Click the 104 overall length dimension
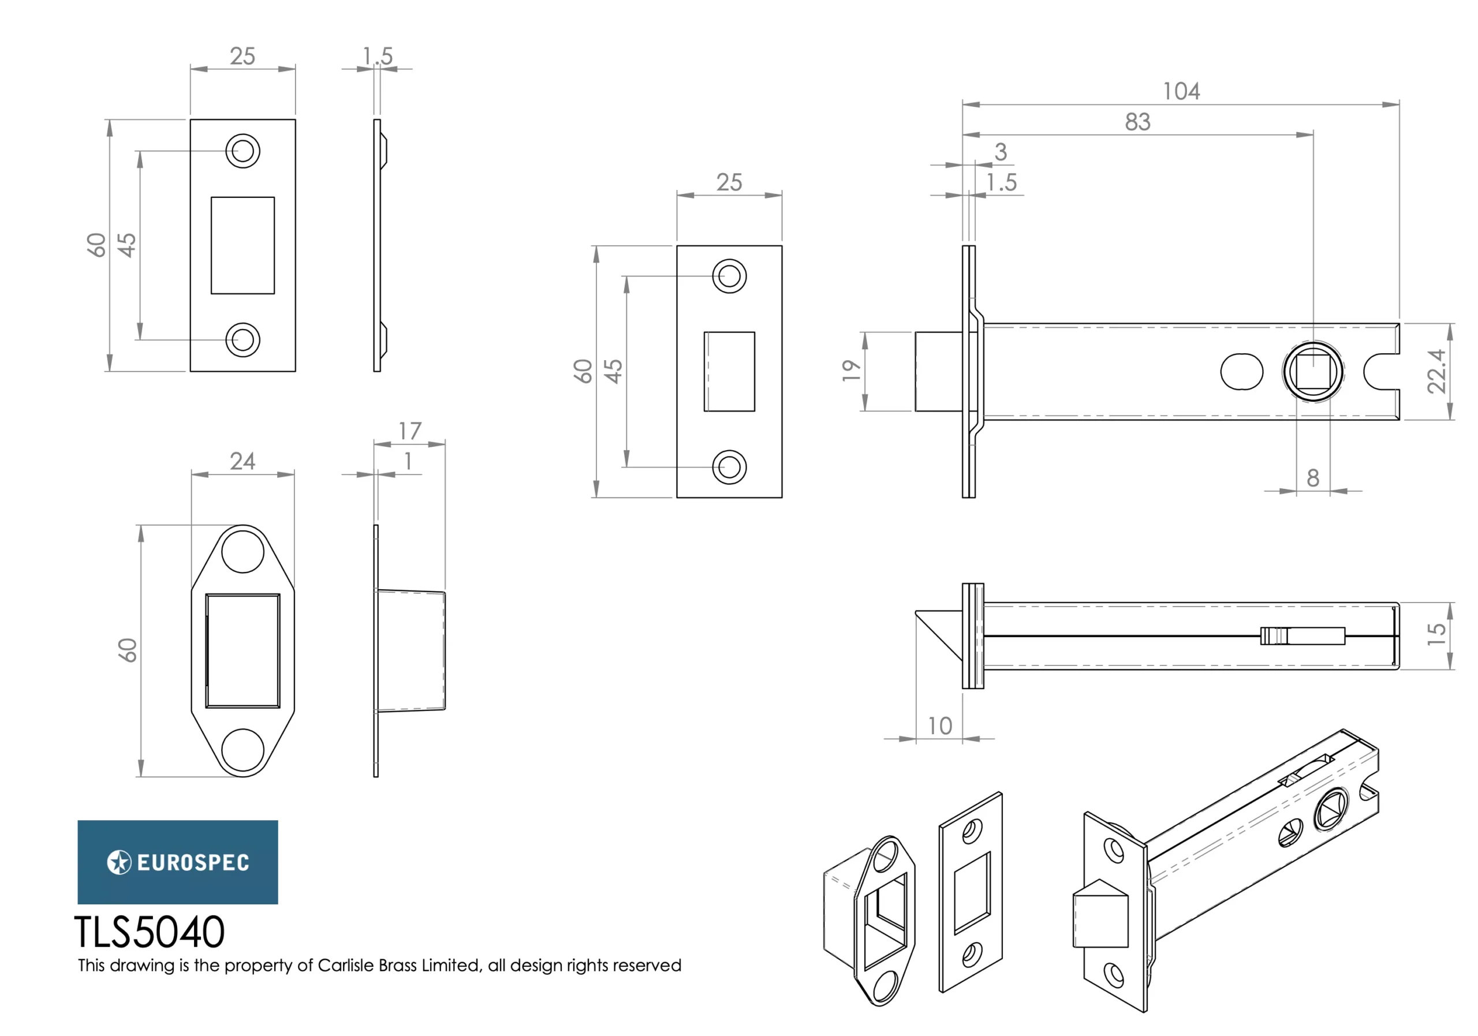coord(1181,91)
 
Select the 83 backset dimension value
coord(1137,122)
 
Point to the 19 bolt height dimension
coord(851,371)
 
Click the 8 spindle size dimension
coord(1312,478)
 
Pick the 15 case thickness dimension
coord(1436,635)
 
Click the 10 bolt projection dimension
coord(940,726)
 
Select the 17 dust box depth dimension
coord(410,431)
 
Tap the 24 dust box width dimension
coord(242,461)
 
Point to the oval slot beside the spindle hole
coord(1242,372)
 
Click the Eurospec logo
coord(178,862)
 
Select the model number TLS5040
coord(150,933)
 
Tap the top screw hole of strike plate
coord(242,151)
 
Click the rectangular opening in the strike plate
coord(242,245)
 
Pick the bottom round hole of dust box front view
coord(242,750)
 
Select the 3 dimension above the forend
coord(1000,152)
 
